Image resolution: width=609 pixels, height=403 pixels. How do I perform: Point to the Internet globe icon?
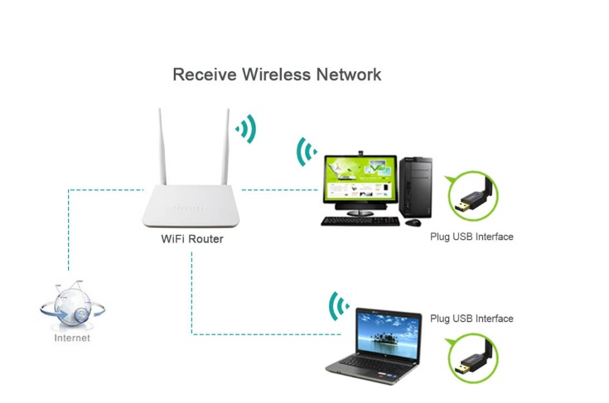(72, 307)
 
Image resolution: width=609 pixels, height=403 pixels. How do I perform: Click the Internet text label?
(72, 338)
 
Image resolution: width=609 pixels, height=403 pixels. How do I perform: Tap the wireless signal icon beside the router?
(246, 129)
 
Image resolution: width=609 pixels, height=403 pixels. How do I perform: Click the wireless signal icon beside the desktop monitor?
(307, 151)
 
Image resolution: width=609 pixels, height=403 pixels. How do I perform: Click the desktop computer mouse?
(413, 222)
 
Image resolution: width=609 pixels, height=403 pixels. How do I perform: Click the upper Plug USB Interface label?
(471, 237)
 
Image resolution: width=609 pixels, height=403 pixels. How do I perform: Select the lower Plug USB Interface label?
(471, 319)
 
